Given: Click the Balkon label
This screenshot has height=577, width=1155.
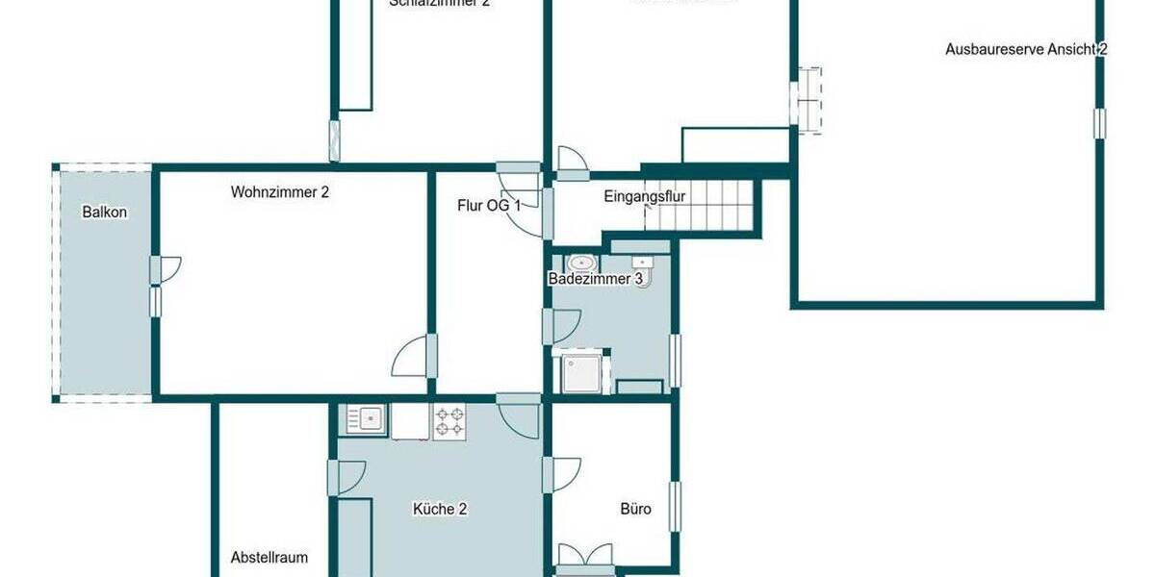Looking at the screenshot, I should [105, 213].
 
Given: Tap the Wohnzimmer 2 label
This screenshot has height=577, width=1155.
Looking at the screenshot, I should [280, 192].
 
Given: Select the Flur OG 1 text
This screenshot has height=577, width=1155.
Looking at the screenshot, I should [489, 205].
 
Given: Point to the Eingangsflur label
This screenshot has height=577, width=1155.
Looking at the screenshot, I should [644, 197].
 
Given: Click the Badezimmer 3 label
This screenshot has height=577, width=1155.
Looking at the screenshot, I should [595, 280].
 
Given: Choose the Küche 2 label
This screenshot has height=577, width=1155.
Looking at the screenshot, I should [440, 510].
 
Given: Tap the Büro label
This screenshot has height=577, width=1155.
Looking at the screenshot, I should [635, 510].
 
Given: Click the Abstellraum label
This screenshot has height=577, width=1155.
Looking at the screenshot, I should [269, 557].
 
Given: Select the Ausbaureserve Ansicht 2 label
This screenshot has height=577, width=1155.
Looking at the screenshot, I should [1026, 49].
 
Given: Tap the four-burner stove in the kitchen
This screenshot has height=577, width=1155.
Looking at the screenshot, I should [449, 420].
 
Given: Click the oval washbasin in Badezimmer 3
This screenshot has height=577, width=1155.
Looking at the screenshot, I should [580, 263].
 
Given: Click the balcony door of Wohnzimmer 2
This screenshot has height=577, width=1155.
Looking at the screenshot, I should [166, 270].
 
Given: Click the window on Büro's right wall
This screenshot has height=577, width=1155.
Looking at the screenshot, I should [676, 507].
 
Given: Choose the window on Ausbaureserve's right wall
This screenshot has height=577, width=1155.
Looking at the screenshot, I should [1099, 123].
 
